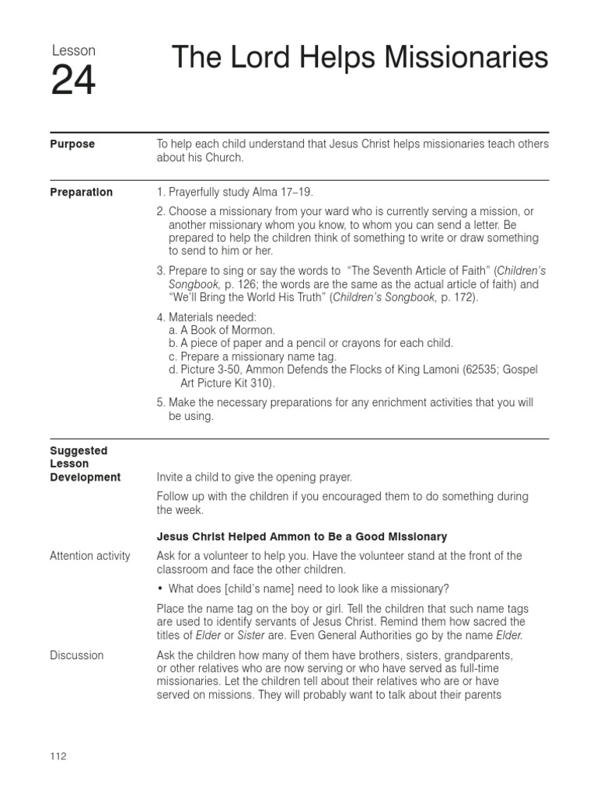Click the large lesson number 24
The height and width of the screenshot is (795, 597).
74,82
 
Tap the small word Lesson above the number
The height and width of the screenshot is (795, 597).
73,50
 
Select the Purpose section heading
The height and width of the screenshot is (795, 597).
72,144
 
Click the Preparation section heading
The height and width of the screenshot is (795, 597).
81,193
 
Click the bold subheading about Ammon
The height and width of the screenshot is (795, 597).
302,536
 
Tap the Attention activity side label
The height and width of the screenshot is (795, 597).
90,556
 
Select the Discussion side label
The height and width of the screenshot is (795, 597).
76,655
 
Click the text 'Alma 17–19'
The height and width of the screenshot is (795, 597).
285,193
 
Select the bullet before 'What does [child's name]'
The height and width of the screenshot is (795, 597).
160,588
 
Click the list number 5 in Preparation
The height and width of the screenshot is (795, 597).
161,403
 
